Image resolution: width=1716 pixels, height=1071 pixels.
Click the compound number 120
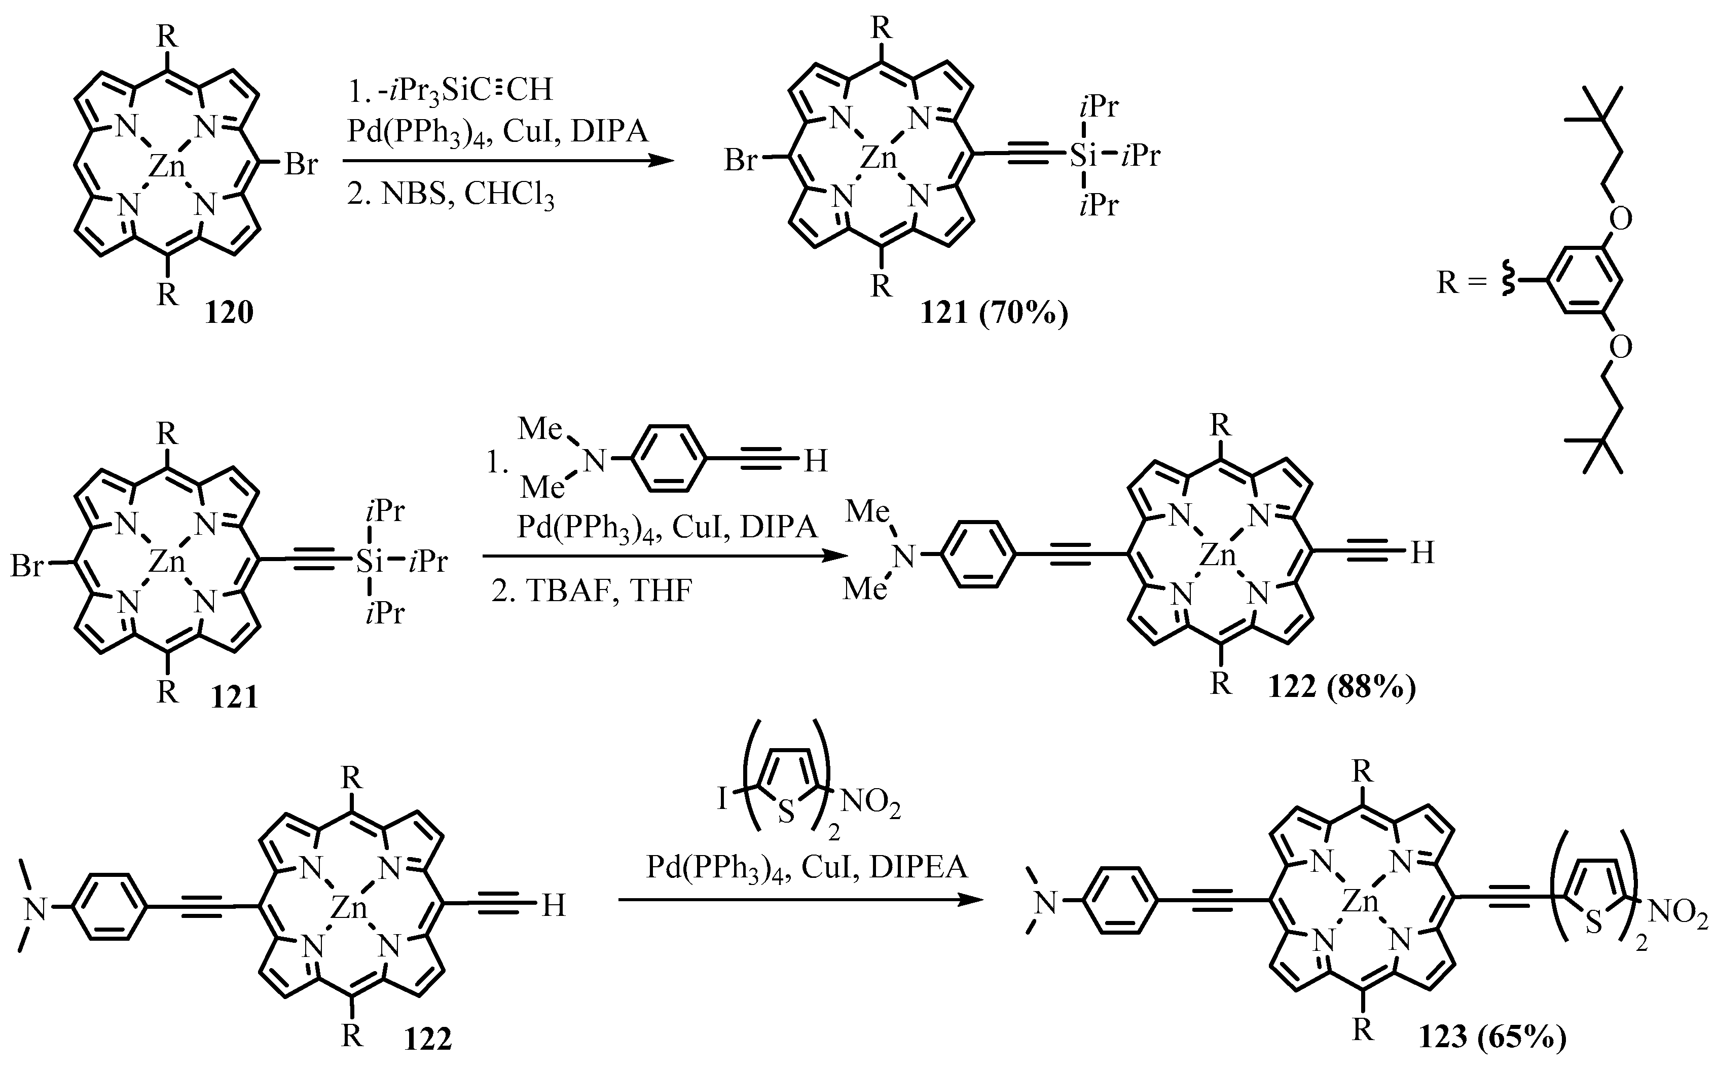pyautogui.click(x=229, y=312)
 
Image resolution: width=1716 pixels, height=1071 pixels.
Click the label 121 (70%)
pyautogui.click(x=994, y=312)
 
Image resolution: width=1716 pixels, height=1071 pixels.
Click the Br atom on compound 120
pyautogui.click(x=301, y=165)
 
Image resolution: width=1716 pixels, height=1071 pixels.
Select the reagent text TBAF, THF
pyautogui.click(x=592, y=590)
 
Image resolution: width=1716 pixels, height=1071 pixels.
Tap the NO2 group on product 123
pyautogui.click(x=1678, y=914)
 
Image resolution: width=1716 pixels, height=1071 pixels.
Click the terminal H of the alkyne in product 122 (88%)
pyautogui.click(x=1422, y=553)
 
